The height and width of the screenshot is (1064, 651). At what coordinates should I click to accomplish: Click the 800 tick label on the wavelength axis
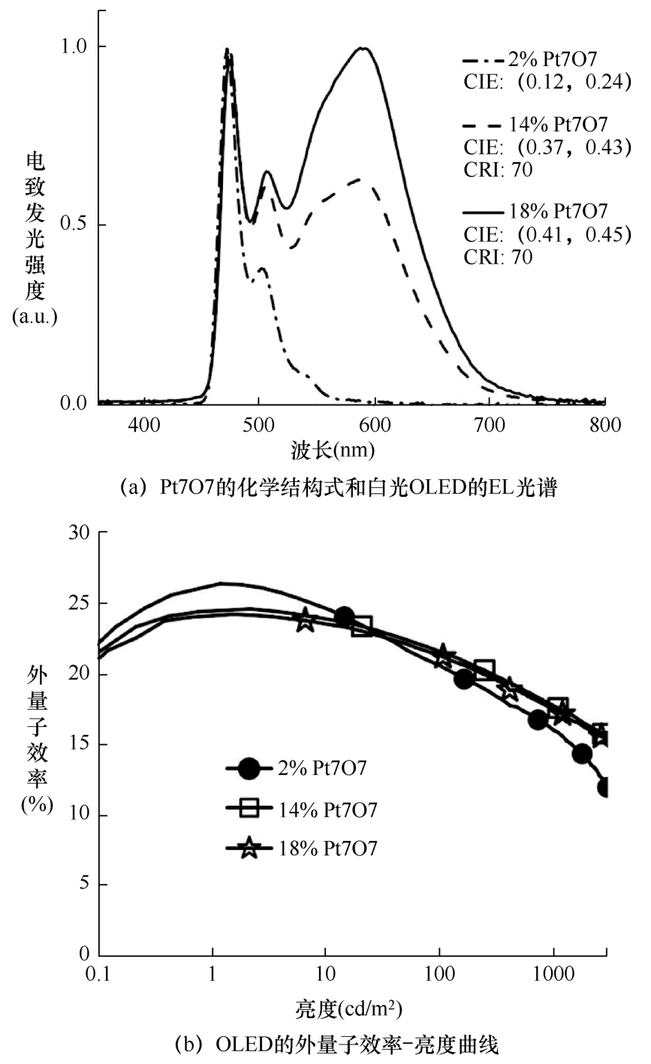coord(605,426)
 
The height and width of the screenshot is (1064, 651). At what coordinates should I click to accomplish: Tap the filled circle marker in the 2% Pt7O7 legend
coord(249,768)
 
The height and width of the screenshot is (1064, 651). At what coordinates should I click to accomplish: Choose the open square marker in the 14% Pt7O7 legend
coord(249,809)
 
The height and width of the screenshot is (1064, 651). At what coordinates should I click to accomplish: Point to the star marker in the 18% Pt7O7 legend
coord(249,848)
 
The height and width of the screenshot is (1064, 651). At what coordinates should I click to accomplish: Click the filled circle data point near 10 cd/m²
coord(344,616)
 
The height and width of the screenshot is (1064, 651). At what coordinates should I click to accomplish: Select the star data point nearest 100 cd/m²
coord(443,655)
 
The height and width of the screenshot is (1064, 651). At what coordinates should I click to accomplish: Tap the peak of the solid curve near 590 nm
coord(363,48)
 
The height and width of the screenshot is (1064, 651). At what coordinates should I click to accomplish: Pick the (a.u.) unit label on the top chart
coord(35,317)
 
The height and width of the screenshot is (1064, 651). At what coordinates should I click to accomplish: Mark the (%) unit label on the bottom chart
coord(35,805)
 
